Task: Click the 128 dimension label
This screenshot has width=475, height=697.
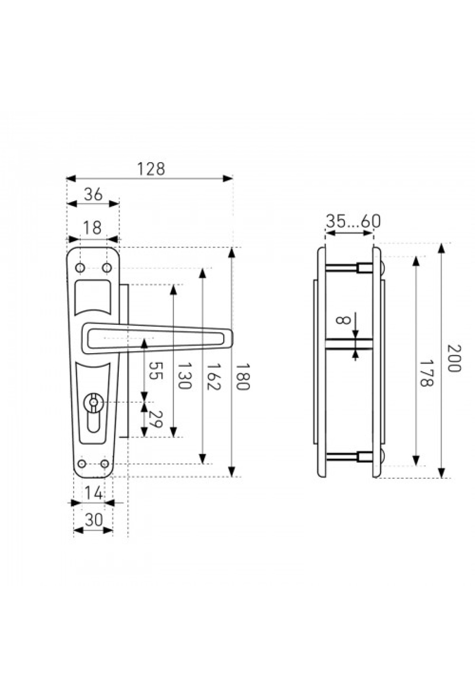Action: pyautogui.click(x=150, y=169)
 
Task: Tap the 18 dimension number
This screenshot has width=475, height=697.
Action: pyautogui.click(x=93, y=228)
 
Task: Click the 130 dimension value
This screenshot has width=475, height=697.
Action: pyautogui.click(x=184, y=376)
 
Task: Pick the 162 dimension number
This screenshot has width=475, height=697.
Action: pyautogui.click(x=213, y=377)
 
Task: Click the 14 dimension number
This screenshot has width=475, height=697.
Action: pyautogui.click(x=94, y=493)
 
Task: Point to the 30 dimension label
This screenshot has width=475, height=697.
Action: pyautogui.click(x=94, y=520)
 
